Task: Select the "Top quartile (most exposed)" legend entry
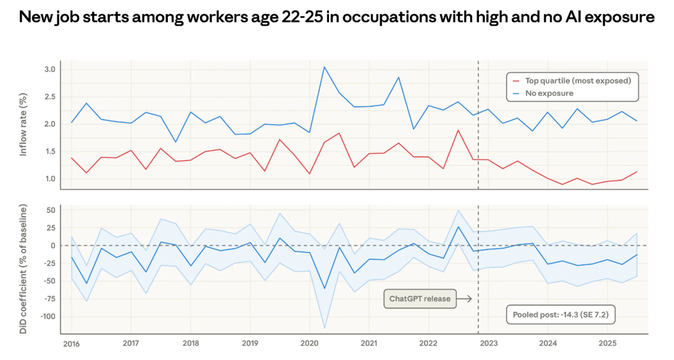[x=578, y=80]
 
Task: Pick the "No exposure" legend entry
[x=549, y=93]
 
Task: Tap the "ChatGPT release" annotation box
[x=419, y=299]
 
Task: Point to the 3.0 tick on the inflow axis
[x=49, y=69]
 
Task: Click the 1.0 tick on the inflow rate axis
[x=49, y=179]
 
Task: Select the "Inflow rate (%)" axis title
[x=23, y=124]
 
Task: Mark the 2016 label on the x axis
[x=71, y=343]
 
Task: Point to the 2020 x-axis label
[x=309, y=343]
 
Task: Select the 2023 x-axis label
[x=488, y=343]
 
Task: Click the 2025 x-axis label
[x=607, y=343]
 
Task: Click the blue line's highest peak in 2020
[x=325, y=67]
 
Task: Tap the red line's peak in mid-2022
[x=459, y=130]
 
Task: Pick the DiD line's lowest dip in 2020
[x=325, y=288]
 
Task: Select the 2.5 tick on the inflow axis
[x=49, y=97]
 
